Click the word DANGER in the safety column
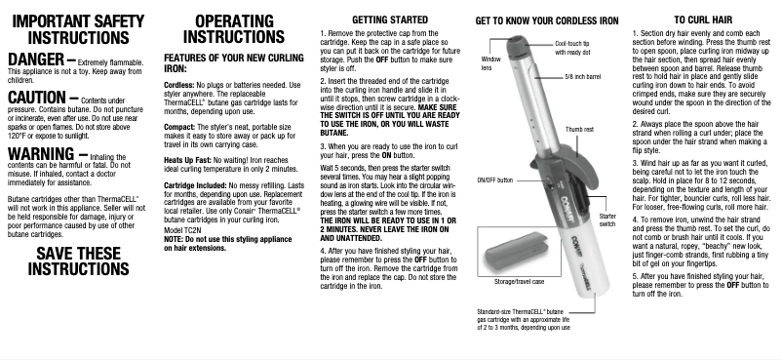tap(35, 60)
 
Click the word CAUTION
tap(37, 98)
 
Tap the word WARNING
tap(41, 154)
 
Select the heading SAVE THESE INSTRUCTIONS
tap(78, 261)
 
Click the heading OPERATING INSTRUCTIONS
tap(234, 29)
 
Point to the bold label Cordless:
tap(179, 86)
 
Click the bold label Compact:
tap(179, 128)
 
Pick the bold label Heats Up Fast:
tap(187, 160)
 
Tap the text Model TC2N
tap(182, 230)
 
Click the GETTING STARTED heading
tap(390, 20)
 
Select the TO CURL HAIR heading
tap(703, 20)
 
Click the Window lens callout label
tap(490, 63)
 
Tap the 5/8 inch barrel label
tap(582, 77)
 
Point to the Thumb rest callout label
tap(579, 130)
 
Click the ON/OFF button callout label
tap(494, 180)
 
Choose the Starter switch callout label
tap(607, 220)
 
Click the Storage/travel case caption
tap(519, 282)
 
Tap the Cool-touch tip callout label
tap(572, 48)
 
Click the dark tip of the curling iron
tap(516, 45)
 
